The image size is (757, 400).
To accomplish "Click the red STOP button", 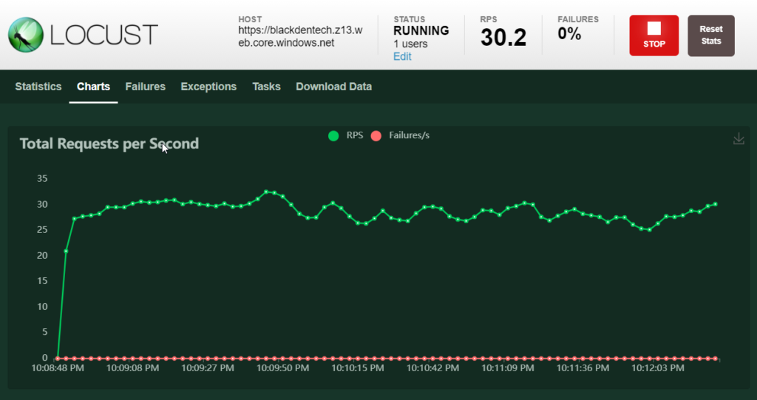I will coord(654,35).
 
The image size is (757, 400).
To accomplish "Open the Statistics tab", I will coord(38,87).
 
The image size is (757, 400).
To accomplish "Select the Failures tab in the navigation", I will coord(146,87).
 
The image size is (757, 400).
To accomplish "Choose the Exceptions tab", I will coord(208,87).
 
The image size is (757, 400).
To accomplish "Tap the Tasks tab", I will coord(266,87).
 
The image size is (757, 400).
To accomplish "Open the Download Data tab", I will coord(333,87).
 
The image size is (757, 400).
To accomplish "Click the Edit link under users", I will coord(402,57).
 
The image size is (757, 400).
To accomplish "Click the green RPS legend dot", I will coord(333,135).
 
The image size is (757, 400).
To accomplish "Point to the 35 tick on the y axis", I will coord(42,179).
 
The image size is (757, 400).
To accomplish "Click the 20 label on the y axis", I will coord(42,256).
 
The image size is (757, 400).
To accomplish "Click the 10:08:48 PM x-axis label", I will coord(58,367).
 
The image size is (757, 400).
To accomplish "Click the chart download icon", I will coord(738,139).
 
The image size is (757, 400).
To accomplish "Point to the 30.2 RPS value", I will coord(503,37).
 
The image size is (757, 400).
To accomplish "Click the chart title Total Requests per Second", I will coord(109,143).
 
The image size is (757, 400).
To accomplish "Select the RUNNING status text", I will coord(421,31).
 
